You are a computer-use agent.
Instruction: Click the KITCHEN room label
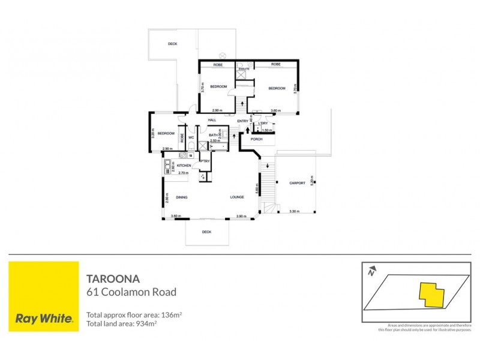tap(184, 165)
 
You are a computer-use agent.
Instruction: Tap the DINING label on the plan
tap(182, 197)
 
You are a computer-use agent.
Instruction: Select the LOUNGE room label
tap(236, 197)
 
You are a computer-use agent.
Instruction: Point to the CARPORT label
tap(297, 183)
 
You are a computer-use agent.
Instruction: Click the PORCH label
tap(257, 139)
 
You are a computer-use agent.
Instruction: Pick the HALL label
tap(211, 120)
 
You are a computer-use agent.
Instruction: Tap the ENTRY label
tap(242, 122)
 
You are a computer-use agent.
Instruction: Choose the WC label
tap(191, 137)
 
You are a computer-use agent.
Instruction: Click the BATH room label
tap(213, 135)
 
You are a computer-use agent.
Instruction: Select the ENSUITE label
tap(244, 69)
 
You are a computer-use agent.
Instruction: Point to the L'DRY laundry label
tap(263, 124)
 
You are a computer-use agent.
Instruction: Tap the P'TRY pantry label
tap(205, 161)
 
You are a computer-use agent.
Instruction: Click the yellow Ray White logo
tap(44, 296)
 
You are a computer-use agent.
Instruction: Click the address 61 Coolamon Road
tap(131, 293)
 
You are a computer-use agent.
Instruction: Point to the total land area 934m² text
tap(122, 324)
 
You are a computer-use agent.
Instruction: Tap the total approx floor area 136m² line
tap(134, 315)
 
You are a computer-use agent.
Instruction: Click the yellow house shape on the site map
tap(431, 294)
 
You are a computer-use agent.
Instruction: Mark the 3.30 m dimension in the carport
tap(294, 211)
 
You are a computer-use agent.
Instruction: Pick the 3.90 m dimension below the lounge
tap(241, 216)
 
